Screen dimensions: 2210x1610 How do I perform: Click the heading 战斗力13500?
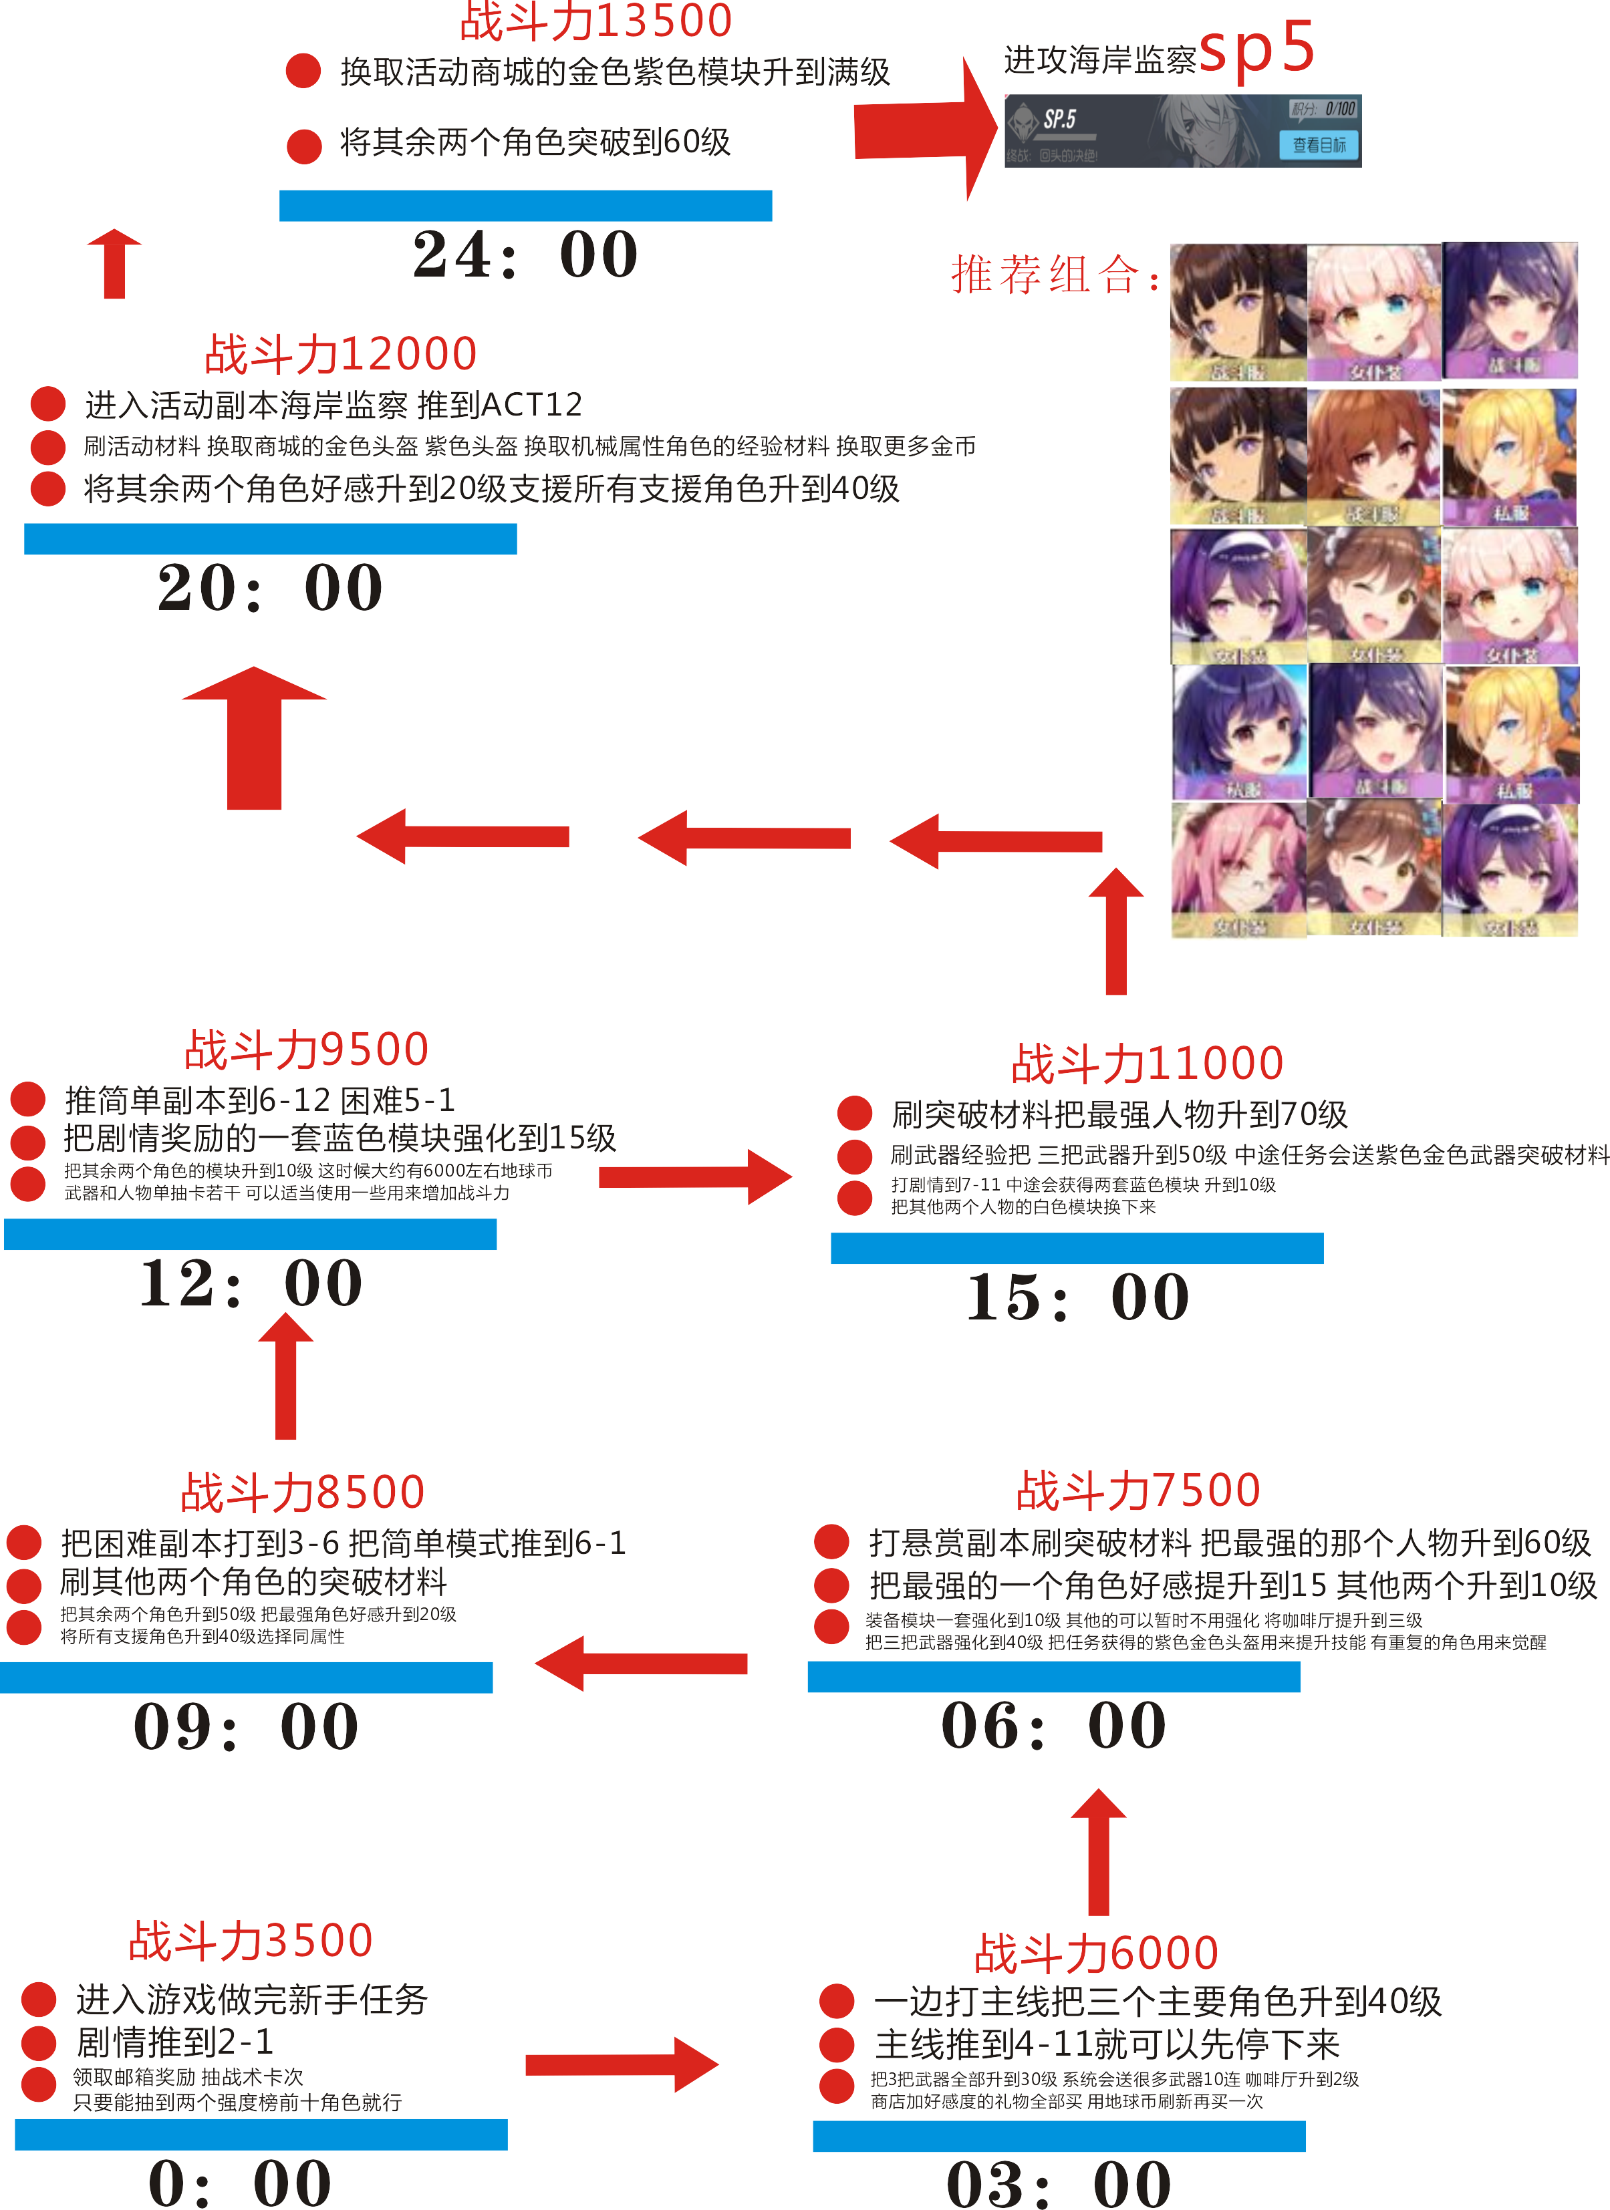(595, 21)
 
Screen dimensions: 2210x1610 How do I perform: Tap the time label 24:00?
(525, 255)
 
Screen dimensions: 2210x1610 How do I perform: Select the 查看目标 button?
(1319, 145)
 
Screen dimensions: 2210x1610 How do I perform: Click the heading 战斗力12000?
(340, 353)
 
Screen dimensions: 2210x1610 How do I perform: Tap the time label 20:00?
(270, 588)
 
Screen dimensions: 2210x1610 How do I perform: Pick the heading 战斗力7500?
(1138, 1490)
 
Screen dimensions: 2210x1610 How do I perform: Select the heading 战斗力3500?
(251, 1940)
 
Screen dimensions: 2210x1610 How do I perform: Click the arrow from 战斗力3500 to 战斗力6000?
(622, 2064)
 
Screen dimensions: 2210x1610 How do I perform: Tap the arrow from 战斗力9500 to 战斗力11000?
(695, 1177)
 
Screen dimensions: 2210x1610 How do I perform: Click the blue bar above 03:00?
(1059, 2136)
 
